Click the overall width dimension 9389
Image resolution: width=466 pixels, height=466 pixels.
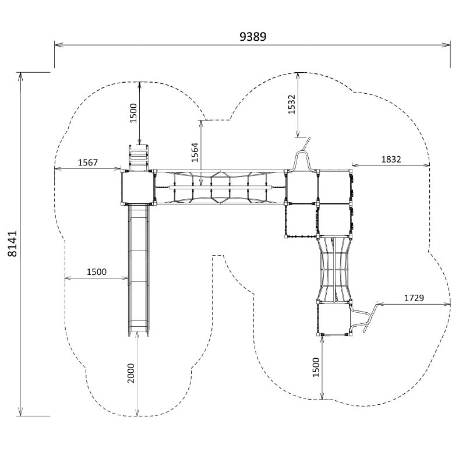(253, 36)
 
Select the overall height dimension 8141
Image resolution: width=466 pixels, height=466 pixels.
(13, 245)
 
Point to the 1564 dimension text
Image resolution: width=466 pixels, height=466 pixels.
(195, 153)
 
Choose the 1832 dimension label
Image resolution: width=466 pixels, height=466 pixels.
(391, 159)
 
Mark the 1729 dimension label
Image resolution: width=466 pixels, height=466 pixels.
(414, 298)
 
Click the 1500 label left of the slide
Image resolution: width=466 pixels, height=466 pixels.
(97, 272)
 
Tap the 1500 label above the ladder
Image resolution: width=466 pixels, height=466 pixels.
(133, 112)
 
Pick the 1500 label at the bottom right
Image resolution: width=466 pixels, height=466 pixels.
(316, 367)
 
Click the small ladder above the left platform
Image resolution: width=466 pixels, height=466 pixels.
(139, 156)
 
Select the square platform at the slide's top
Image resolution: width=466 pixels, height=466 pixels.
(138, 187)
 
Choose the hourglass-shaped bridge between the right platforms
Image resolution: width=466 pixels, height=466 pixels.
(334, 268)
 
